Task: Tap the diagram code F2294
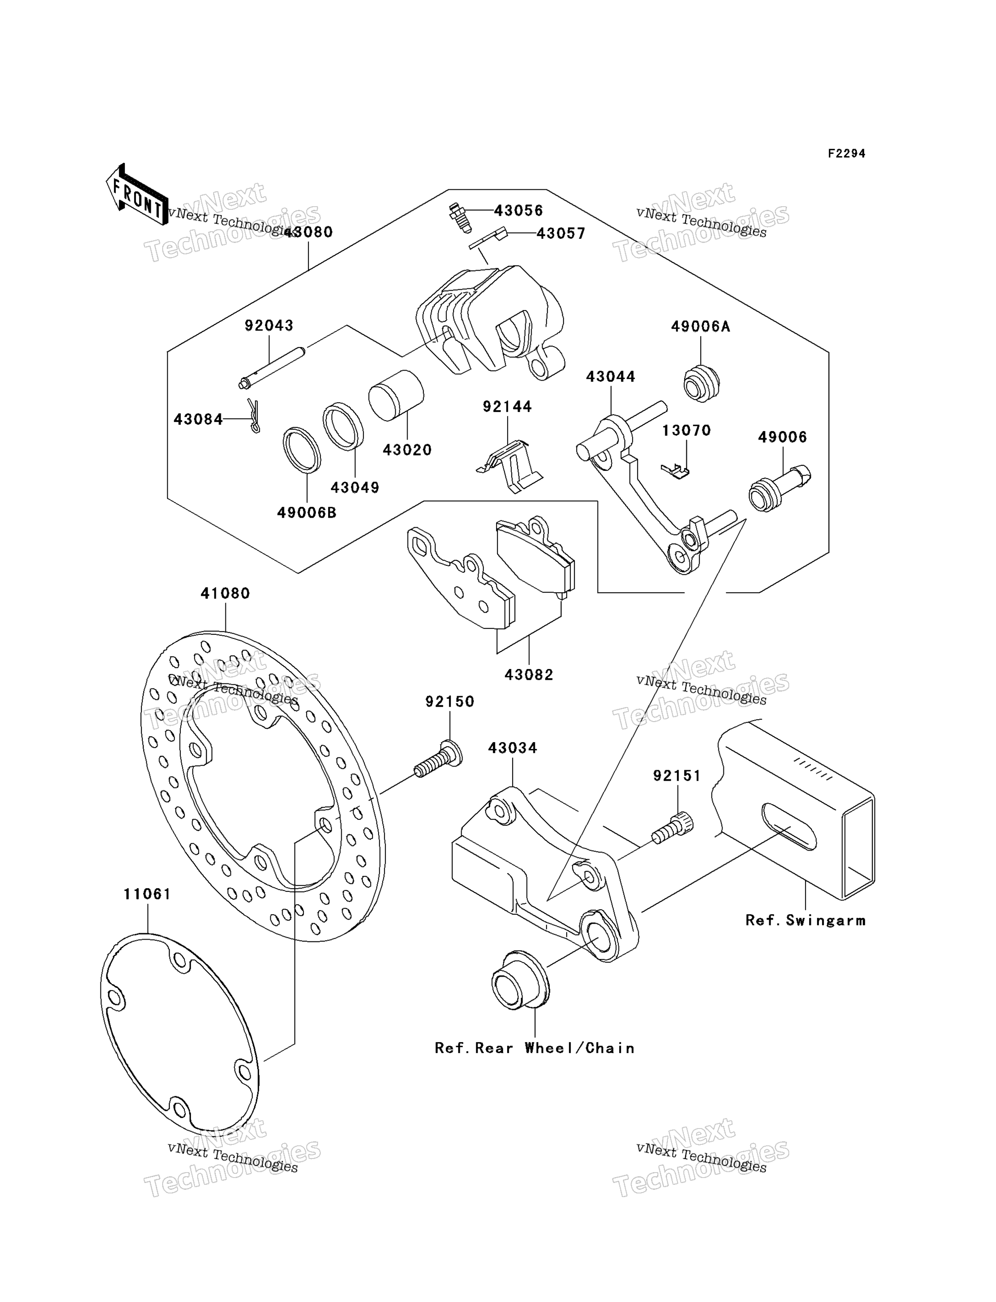coord(847,153)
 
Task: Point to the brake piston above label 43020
coord(396,395)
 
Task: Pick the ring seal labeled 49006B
coord(302,450)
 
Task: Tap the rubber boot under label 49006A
coord(702,384)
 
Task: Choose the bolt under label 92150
coord(438,760)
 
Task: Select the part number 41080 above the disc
coord(225,593)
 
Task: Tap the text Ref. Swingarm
coord(806,921)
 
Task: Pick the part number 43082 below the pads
coord(529,674)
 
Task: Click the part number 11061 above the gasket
coord(147,894)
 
